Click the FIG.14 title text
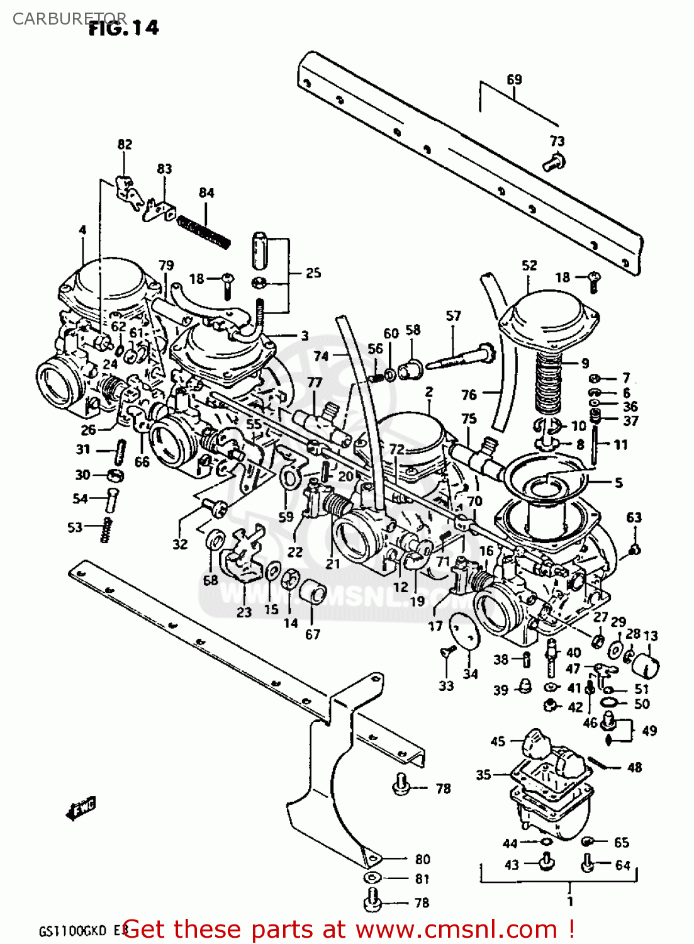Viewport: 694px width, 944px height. pos(124,28)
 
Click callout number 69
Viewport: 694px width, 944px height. pos(514,80)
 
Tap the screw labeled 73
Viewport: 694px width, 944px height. pos(554,162)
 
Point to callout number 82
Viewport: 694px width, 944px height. pos(125,144)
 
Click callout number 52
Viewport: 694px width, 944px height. pos(529,265)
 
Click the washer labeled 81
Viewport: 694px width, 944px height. pos(372,878)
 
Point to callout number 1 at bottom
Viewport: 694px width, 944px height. pos(570,901)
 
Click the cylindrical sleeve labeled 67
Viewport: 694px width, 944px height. pos(312,592)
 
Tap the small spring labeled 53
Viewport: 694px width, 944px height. pos(106,529)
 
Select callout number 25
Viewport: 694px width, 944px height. pos(313,273)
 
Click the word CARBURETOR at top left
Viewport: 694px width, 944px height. pos(69,18)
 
